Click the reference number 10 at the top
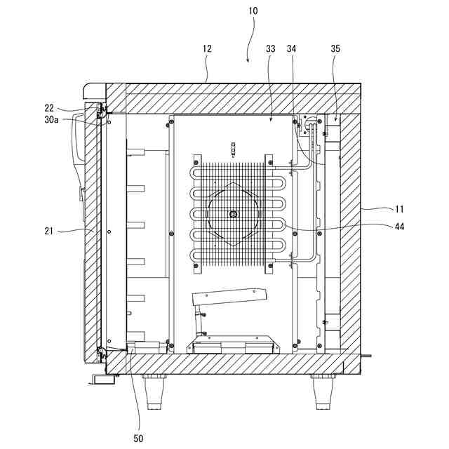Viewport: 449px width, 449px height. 253,11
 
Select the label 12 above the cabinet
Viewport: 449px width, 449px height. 207,49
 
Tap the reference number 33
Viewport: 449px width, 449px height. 271,49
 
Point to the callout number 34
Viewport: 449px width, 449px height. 291,49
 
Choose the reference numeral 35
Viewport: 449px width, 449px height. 335,49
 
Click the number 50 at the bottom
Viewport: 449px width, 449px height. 138,438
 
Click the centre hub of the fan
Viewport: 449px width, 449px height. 234,214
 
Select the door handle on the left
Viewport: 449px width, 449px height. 79,161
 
